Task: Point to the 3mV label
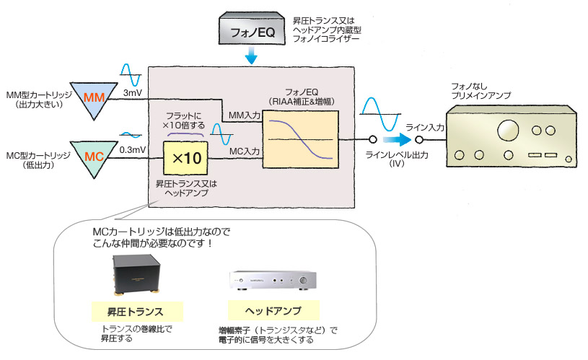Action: pyautogui.click(x=133, y=94)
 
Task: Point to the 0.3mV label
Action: pyautogui.click(x=134, y=150)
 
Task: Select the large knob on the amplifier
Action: pyautogui.click(x=505, y=131)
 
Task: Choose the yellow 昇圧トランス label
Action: pyautogui.click(x=136, y=312)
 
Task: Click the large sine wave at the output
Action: pyautogui.click(x=381, y=112)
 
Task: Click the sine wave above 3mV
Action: pyautogui.click(x=134, y=74)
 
